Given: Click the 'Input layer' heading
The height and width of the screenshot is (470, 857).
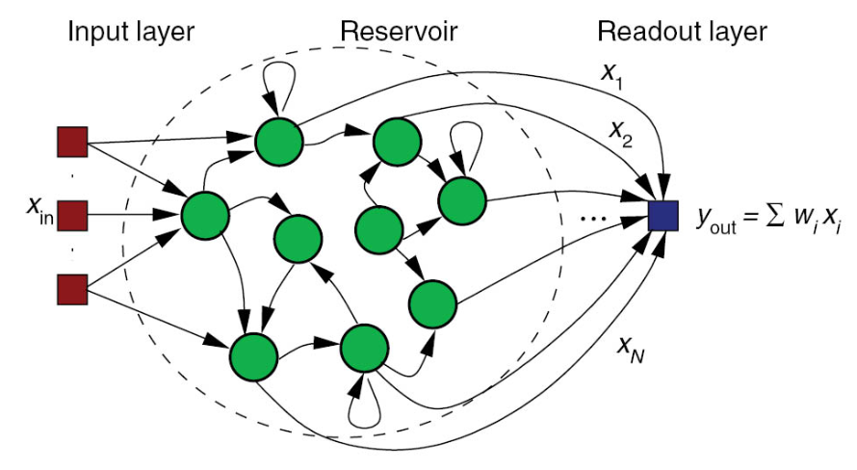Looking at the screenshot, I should [x=130, y=32].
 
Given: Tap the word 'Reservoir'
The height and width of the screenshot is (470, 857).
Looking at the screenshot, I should [x=398, y=32].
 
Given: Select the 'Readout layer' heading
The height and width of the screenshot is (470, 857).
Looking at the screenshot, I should [x=682, y=32].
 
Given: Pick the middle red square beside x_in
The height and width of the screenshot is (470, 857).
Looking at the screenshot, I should [x=73, y=215].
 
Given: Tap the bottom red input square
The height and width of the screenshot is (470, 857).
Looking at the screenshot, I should [x=73, y=287].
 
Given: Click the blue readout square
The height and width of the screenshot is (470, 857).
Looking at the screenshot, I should [x=663, y=214].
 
